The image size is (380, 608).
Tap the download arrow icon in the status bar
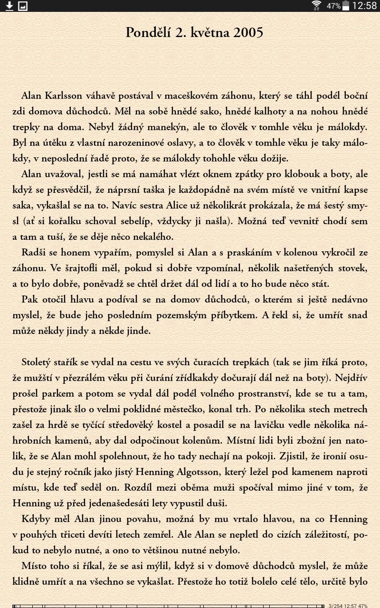coord(9,6)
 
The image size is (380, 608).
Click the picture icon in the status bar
coord(23,6)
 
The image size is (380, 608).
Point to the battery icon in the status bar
coord(346,6)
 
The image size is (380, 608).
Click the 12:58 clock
coord(365,6)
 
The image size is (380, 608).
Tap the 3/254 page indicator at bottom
coord(334,606)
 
